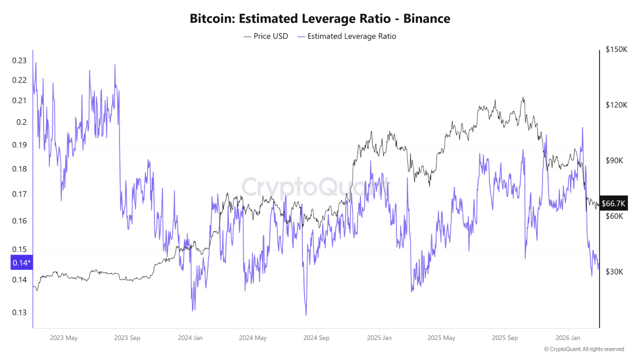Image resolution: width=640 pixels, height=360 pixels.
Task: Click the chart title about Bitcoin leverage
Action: pos(320,19)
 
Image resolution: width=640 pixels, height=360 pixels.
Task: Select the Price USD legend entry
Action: pos(266,36)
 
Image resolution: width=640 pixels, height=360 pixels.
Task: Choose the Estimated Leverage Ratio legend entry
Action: pos(346,36)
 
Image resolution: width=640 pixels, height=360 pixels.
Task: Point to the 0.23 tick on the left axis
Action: pos(19,61)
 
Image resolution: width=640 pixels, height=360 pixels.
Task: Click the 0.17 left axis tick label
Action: pos(19,194)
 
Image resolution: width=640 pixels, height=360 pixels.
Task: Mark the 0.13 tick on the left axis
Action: pos(19,313)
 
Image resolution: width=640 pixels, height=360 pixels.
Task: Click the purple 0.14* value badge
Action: pos(21,262)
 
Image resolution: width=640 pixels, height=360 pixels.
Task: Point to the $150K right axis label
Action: pos(616,49)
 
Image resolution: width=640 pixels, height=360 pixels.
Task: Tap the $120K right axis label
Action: pos(616,105)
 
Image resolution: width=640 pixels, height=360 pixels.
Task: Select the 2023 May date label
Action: pos(63,338)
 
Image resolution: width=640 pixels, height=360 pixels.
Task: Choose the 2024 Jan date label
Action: pos(190,338)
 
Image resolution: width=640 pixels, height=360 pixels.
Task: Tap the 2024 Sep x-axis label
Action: pos(316,338)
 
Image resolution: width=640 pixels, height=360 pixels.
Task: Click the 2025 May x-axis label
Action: pos(441,338)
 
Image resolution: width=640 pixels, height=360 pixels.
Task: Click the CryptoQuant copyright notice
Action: pos(583,349)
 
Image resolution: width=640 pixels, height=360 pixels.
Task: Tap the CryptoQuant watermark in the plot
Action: pos(316,187)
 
